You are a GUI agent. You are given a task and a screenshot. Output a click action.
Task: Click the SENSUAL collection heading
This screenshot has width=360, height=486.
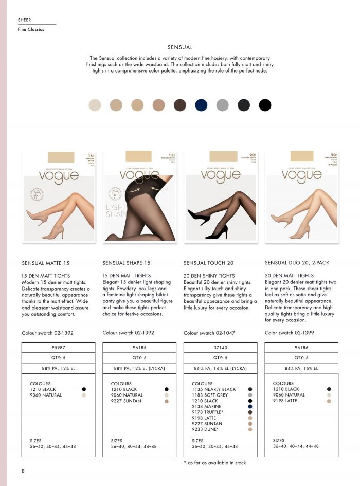click(180, 47)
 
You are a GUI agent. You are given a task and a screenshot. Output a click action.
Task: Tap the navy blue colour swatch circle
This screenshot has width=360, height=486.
click(201, 105)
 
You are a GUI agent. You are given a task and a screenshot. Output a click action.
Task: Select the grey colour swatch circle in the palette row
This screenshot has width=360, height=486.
click(222, 105)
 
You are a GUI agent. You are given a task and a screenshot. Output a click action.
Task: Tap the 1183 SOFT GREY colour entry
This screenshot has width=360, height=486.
click(211, 395)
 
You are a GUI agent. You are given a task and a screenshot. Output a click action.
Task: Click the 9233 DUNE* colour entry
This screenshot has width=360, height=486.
click(206, 429)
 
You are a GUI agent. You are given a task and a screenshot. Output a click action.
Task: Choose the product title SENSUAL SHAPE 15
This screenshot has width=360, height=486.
click(127, 263)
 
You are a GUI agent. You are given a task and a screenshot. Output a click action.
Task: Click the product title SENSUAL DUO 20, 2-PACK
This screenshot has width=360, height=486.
click(297, 263)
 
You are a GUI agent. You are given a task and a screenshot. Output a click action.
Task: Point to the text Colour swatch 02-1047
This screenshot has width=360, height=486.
click(209, 333)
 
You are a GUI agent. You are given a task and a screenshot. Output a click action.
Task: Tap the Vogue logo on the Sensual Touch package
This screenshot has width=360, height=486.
click(220, 175)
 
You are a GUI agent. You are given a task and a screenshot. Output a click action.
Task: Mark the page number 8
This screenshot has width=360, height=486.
click(23, 471)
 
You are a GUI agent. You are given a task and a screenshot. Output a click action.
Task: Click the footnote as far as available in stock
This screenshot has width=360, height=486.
click(214, 463)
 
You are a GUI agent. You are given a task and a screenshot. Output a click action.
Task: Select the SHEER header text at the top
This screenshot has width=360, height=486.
click(24, 20)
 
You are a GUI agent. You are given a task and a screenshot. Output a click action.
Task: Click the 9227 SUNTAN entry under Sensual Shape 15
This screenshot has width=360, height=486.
click(127, 401)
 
